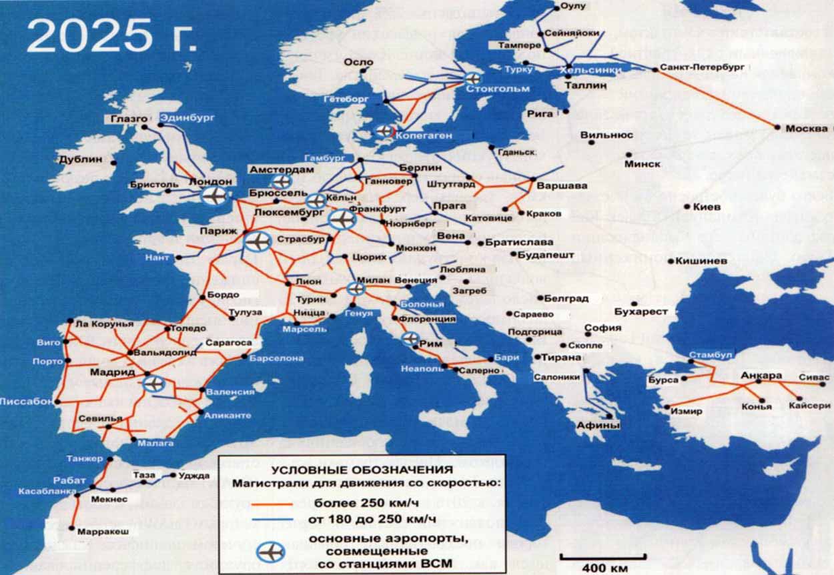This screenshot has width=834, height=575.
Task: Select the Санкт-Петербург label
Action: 701,67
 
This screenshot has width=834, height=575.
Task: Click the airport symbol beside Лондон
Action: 214,195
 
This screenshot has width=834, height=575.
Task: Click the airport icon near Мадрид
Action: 153,384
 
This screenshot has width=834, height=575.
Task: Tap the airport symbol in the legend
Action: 272,552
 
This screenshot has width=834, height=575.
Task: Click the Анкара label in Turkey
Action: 761,376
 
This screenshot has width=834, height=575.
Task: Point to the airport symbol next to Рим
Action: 410,339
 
